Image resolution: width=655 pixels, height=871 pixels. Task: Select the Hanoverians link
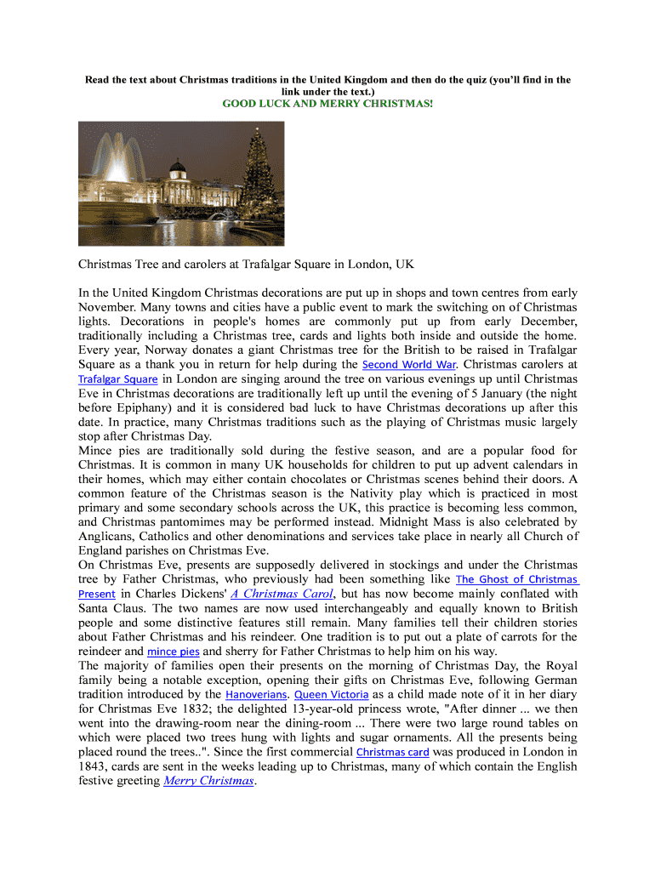[255, 694]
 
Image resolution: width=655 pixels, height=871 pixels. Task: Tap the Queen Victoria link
[332, 694]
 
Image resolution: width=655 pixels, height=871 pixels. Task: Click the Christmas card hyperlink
[392, 752]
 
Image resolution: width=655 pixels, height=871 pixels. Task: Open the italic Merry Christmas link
[208, 781]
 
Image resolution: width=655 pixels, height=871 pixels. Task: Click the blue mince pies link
[174, 652]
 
